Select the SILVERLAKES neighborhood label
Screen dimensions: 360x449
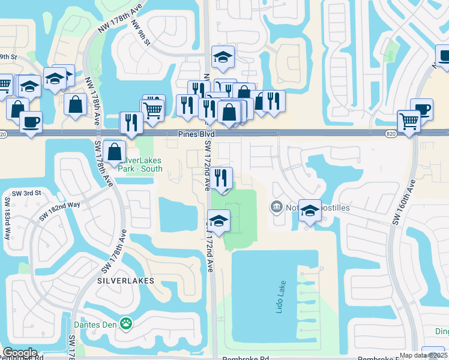point(125,280)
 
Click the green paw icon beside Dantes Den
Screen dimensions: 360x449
point(126,325)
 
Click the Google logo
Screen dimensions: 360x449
point(20,353)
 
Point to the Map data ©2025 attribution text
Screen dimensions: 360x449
point(423,355)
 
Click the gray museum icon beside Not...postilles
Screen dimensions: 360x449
point(277,208)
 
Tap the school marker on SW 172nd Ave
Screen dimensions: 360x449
point(219,220)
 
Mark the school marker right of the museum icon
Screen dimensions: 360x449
point(310,210)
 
